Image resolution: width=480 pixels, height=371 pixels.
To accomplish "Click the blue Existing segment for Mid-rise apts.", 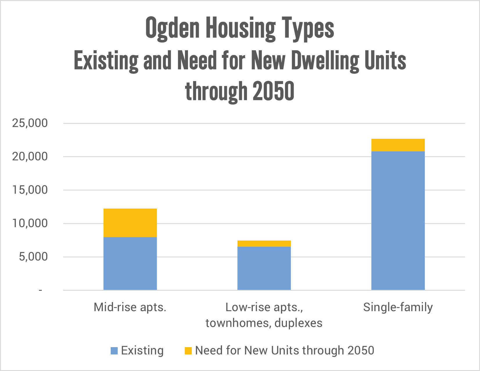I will point(130,263).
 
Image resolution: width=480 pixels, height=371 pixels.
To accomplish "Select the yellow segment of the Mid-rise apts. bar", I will point(130,223).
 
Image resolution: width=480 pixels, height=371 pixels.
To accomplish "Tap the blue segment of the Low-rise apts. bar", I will point(264,268).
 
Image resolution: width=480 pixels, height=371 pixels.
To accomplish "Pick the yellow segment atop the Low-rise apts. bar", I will point(264,244).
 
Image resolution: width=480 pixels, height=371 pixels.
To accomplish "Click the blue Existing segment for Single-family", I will point(398,220).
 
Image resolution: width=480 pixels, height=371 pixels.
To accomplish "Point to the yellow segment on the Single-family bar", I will point(398,145).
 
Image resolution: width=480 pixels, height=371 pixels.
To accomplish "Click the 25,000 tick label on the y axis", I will point(30,123).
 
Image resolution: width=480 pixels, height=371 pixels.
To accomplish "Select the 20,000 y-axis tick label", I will point(30,157).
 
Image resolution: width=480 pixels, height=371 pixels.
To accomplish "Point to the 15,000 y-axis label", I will point(30,190).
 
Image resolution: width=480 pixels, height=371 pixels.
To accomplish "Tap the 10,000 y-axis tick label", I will point(30,224).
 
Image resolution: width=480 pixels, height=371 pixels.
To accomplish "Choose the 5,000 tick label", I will point(33,257).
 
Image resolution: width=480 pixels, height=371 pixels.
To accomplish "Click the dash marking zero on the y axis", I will point(41,290).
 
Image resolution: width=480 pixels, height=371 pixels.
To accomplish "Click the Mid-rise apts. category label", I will point(130,307).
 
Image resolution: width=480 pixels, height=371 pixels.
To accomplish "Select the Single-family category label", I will point(398,307).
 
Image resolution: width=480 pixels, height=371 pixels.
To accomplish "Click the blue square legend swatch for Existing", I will point(114,351).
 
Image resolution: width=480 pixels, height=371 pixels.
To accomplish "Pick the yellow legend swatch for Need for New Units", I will point(188,351).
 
